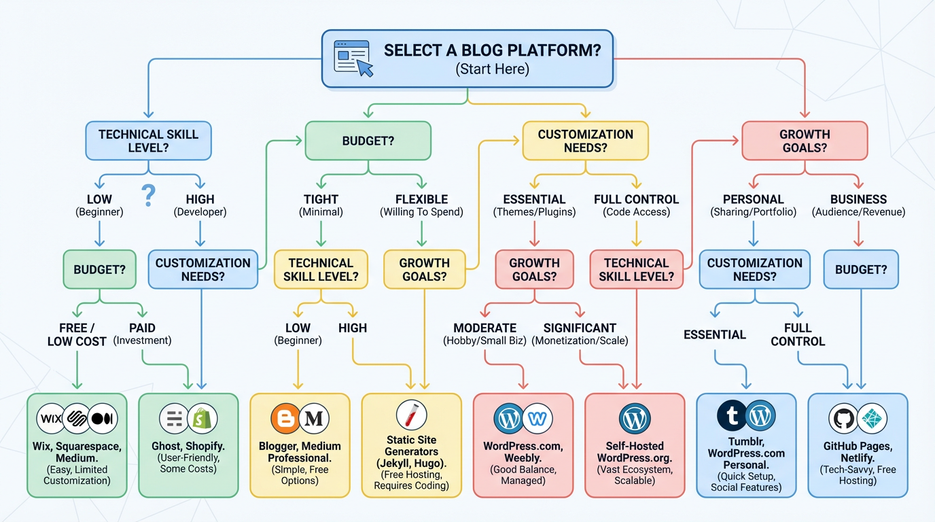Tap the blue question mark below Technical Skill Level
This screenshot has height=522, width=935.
point(149,196)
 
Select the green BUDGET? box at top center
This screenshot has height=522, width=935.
point(368,141)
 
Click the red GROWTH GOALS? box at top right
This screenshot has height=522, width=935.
point(805,141)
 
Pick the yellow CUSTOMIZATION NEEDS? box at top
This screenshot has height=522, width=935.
point(585,141)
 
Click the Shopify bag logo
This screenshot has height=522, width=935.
point(202,418)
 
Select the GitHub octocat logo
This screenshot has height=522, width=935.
point(843,419)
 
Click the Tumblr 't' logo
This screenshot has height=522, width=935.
point(732,416)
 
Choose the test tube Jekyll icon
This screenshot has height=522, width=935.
point(411,415)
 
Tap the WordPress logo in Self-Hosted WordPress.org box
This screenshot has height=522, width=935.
point(635,419)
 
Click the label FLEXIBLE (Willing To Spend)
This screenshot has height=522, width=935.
point(421,205)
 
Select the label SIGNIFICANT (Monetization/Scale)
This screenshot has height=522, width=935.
point(580,334)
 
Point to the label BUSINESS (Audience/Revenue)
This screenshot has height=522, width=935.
point(858,205)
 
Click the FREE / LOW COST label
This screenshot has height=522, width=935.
point(77,334)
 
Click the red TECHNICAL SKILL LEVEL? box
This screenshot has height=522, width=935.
point(636,269)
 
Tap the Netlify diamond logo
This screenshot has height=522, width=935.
point(872,419)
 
